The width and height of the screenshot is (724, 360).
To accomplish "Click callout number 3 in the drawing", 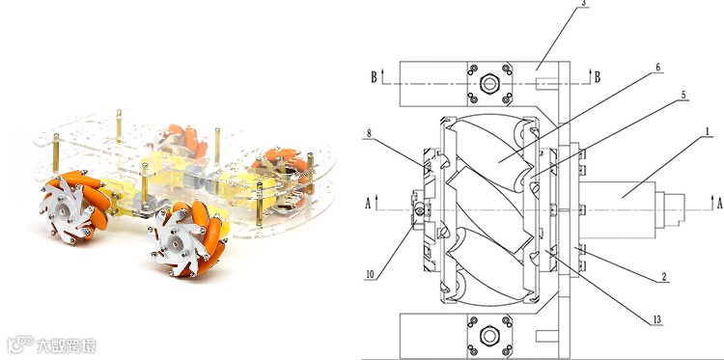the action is (x=584, y=3).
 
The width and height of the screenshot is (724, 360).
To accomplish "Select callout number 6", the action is (x=658, y=68).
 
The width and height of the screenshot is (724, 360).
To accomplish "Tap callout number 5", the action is (x=683, y=96).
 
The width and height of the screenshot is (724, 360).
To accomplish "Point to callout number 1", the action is (x=707, y=132).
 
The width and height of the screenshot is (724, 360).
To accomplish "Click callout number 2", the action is (x=664, y=277).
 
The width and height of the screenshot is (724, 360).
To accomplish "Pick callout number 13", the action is (x=656, y=319).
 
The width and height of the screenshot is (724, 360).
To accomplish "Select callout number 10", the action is (x=370, y=275).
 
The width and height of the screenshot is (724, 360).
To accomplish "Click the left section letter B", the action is (x=374, y=76).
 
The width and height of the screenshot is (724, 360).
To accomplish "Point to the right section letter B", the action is (x=597, y=76).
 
